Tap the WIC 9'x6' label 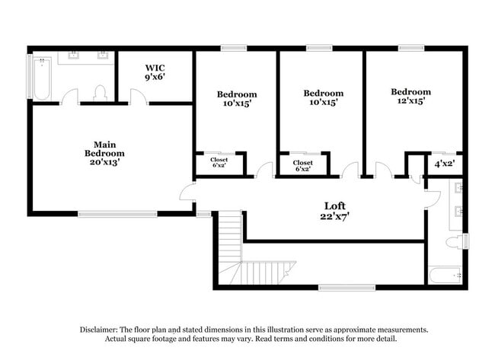tap(155, 72)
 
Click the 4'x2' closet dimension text tap(444, 164)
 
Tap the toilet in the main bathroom tap(99, 93)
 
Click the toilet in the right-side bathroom tap(455, 242)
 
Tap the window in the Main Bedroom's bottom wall tap(111, 214)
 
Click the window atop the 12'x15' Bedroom tap(411, 48)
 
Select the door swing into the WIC tap(137, 97)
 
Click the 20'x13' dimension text tap(104, 162)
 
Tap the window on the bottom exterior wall tap(346, 288)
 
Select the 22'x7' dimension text tap(334, 216)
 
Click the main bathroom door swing tap(70, 97)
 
